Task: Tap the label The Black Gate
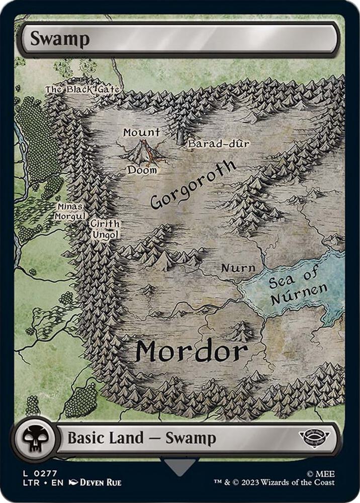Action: (81, 90)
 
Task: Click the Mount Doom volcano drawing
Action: (143, 151)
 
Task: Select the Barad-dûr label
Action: (219, 144)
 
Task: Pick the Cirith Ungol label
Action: (105, 229)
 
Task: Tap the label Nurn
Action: (238, 268)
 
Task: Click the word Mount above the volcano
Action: (142, 133)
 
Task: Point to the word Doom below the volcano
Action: (142, 171)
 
